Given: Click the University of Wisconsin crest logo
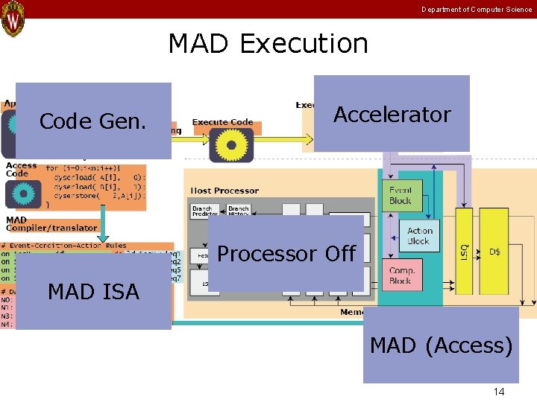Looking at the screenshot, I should coord(13,19).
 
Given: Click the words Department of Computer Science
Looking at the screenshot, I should coord(477,10).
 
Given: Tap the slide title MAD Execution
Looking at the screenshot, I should coord(268,44).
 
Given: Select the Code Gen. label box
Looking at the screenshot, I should coord(92,121).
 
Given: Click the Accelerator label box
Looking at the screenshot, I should coord(392,114).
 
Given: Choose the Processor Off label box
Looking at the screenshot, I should coord(286,254).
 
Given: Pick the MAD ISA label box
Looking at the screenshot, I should coord(93,292).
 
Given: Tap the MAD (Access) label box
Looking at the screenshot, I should coord(441,345).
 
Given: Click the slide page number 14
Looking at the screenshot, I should coord(499,392).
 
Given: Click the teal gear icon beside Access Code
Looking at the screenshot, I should coord(23,194).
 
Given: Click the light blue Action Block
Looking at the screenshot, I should coord(419,236).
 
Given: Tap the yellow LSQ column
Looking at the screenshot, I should coord(464,253).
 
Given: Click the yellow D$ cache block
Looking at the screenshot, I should coord(495,252).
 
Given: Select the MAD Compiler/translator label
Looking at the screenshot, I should coord(51,224).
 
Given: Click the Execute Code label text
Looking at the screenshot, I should coord(222,122).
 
